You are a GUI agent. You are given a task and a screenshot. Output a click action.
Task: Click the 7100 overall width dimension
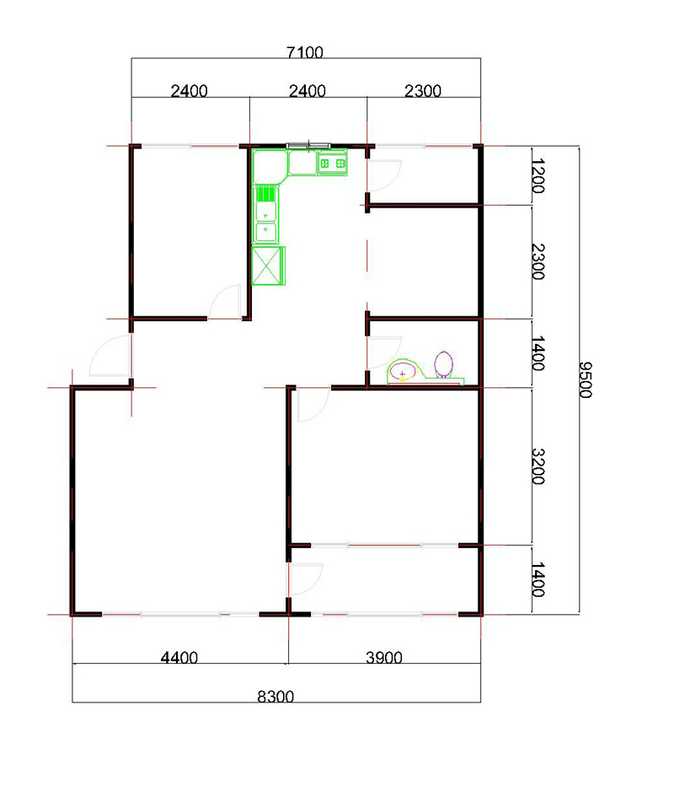click(304, 52)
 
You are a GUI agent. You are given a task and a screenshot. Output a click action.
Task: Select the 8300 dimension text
click(275, 697)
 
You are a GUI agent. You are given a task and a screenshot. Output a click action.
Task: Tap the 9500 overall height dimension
click(586, 380)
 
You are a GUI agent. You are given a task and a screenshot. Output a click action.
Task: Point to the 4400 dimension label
click(179, 657)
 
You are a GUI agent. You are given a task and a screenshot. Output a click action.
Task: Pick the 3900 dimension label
click(384, 657)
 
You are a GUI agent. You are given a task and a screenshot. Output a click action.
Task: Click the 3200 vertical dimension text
click(538, 466)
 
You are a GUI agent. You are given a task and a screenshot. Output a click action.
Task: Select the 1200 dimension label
click(538, 176)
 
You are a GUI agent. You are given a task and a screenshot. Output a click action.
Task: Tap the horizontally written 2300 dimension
click(423, 91)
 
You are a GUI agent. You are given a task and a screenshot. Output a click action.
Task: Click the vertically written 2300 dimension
click(538, 261)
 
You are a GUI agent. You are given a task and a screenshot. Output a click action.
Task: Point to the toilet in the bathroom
click(443, 364)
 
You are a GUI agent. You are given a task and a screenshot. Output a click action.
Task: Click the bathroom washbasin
click(403, 371)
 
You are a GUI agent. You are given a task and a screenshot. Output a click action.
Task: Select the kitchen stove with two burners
click(333, 164)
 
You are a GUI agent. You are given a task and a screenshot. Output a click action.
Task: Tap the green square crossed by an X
click(267, 266)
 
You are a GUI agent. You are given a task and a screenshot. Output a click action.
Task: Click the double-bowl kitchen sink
click(266, 223)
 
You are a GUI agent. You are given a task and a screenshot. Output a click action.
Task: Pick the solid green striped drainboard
click(266, 193)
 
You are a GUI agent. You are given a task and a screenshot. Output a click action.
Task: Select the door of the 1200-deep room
click(384, 175)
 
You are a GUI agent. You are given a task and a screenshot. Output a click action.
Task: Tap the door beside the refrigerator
click(224, 302)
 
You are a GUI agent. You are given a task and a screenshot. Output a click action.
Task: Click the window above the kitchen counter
click(308, 146)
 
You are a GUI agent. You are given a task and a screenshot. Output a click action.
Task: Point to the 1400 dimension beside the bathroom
click(538, 353)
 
